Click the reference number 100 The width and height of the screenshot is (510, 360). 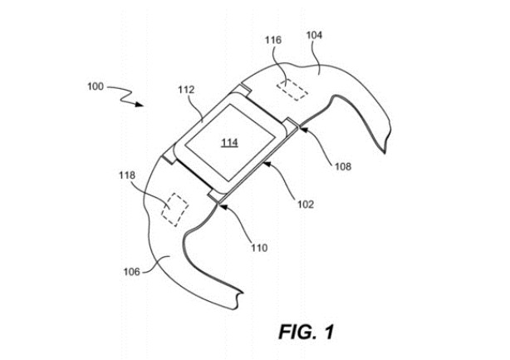(x=96, y=85)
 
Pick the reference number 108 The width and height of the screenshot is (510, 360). (x=341, y=166)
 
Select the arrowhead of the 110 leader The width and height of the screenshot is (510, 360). (x=222, y=201)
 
